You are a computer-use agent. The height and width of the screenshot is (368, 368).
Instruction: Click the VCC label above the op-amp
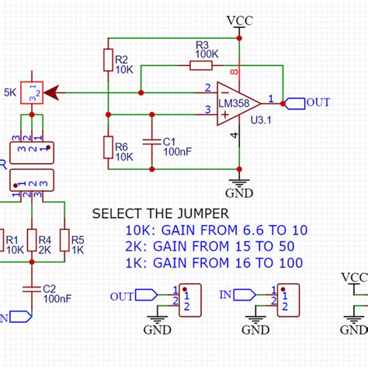click(240, 19)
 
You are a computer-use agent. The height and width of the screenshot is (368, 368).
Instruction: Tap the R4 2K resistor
click(31, 241)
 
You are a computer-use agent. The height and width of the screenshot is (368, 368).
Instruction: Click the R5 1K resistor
click(65, 241)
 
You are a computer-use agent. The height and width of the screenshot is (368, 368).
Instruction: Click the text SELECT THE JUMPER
click(161, 214)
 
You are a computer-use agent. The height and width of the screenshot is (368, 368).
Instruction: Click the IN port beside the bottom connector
click(240, 295)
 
